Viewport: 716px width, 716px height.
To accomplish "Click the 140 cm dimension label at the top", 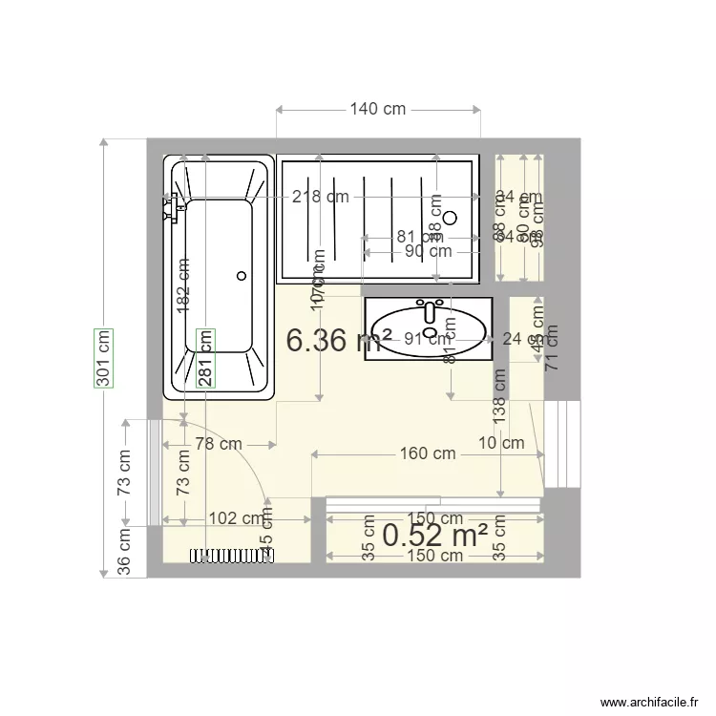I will pos(377,109).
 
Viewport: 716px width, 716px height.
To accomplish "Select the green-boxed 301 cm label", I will pos(103,358).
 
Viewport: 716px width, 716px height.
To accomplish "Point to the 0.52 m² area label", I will pos(435,536).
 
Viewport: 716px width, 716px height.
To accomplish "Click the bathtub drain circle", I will pos(241,276).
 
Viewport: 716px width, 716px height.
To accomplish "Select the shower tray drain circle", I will pos(451,218).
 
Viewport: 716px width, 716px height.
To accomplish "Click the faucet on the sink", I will pos(431,310).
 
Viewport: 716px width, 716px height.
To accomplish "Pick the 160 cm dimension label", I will pos(427,453).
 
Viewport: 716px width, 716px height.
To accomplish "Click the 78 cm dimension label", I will pos(218,443).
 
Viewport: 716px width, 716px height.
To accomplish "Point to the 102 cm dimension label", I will pos(236,518).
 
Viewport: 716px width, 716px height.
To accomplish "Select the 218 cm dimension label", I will pos(321,198).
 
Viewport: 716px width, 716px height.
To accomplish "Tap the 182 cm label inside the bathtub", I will pos(183,285).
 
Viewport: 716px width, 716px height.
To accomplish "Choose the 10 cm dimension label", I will pos(501,442).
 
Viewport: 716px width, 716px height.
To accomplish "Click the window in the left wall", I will pos(154,472).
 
